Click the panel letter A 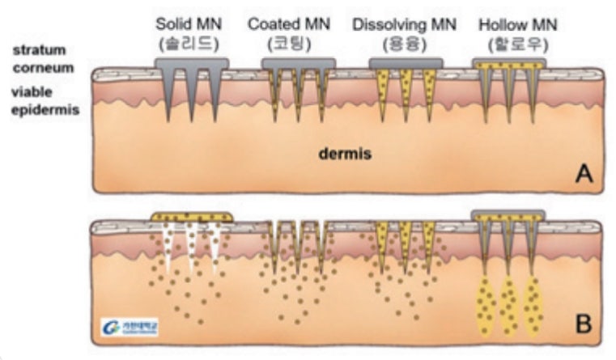click(x=581, y=175)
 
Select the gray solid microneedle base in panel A click(x=191, y=63)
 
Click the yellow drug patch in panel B click(x=192, y=216)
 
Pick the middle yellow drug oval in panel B click(x=509, y=306)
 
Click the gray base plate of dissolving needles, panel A click(x=405, y=62)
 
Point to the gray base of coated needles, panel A click(x=299, y=63)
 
